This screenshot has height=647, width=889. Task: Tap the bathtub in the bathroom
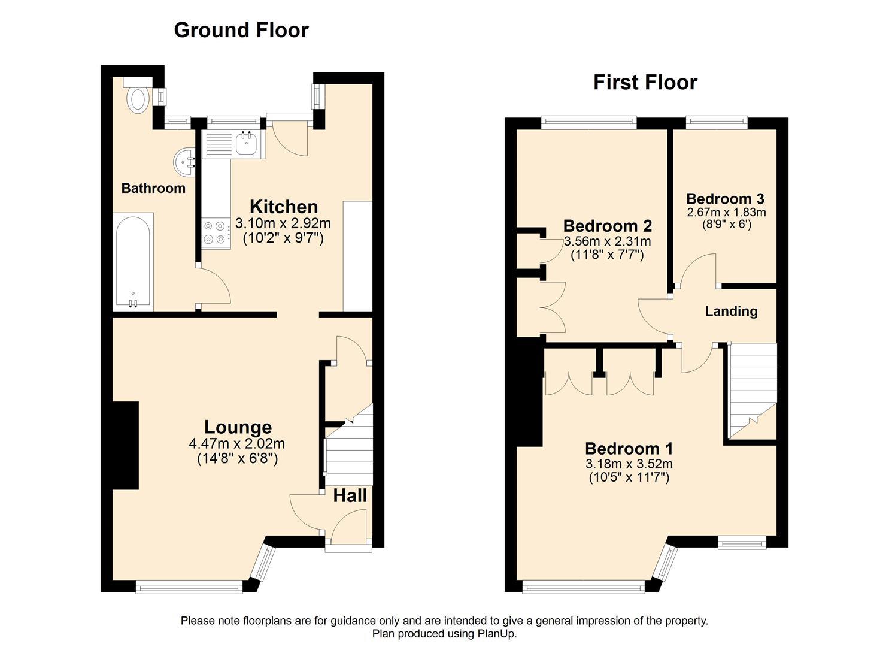133,262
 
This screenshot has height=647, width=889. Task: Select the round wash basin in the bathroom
184,162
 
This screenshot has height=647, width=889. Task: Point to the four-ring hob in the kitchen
216,234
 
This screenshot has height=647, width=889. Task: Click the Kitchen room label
284,207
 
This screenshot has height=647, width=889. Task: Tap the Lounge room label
238,427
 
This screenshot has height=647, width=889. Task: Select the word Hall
350,495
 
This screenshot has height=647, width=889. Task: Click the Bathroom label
153,188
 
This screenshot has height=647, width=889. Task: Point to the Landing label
731,311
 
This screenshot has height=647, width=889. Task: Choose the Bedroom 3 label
725,198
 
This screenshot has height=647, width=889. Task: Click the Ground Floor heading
241,30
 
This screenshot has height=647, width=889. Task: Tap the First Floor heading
645,83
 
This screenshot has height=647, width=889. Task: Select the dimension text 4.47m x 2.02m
237,443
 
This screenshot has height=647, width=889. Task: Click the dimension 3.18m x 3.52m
629,464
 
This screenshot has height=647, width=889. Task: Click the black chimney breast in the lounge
126,445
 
